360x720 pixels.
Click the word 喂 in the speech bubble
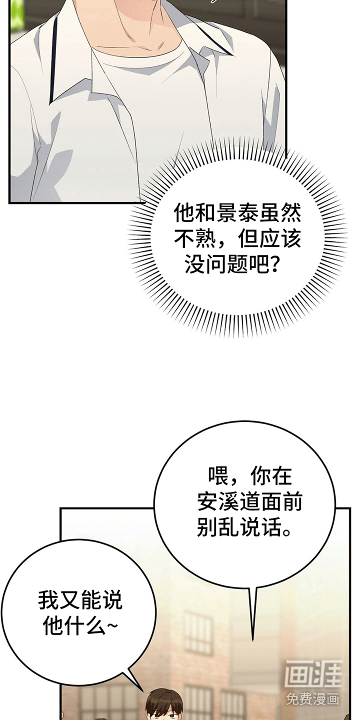pos(218,476)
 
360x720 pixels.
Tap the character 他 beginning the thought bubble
pos(184,213)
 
